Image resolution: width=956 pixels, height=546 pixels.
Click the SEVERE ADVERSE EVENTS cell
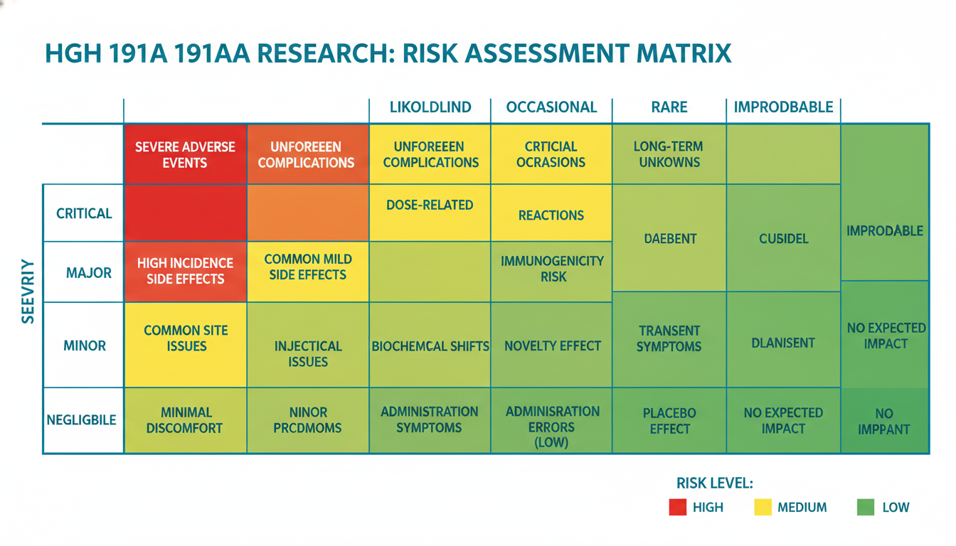[x=185, y=154]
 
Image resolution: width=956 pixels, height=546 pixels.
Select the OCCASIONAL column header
[x=551, y=107]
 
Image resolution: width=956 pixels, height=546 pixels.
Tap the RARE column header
[x=669, y=107]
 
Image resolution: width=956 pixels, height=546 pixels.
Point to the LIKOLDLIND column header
[x=430, y=107]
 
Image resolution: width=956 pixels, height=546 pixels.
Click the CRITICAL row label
[x=84, y=213]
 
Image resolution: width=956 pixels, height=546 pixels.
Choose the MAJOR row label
[x=88, y=272]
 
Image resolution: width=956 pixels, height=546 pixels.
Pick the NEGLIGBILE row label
[x=81, y=420]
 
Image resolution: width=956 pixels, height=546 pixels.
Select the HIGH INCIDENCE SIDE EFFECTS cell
[x=185, y=272]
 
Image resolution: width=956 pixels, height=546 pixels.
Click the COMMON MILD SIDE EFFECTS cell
[x=307, y=267]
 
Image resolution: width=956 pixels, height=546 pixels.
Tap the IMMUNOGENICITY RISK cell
[x=552, y=269]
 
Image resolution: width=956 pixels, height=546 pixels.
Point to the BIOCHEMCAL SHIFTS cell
[x=430, y=346]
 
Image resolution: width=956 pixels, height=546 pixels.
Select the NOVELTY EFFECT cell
[x=552, y=346]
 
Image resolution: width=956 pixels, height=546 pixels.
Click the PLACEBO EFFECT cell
[x=669, y=420]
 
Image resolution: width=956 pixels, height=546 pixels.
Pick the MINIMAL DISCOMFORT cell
[x=186, y=420]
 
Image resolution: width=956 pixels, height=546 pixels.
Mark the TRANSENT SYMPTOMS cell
[x=669, y=338]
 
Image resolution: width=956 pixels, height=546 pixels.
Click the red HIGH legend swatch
[x=677, y=507]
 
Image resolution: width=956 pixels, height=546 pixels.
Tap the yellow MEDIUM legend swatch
[x=762, y=507]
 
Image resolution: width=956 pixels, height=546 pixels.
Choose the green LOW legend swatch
[x=865, y=507]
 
